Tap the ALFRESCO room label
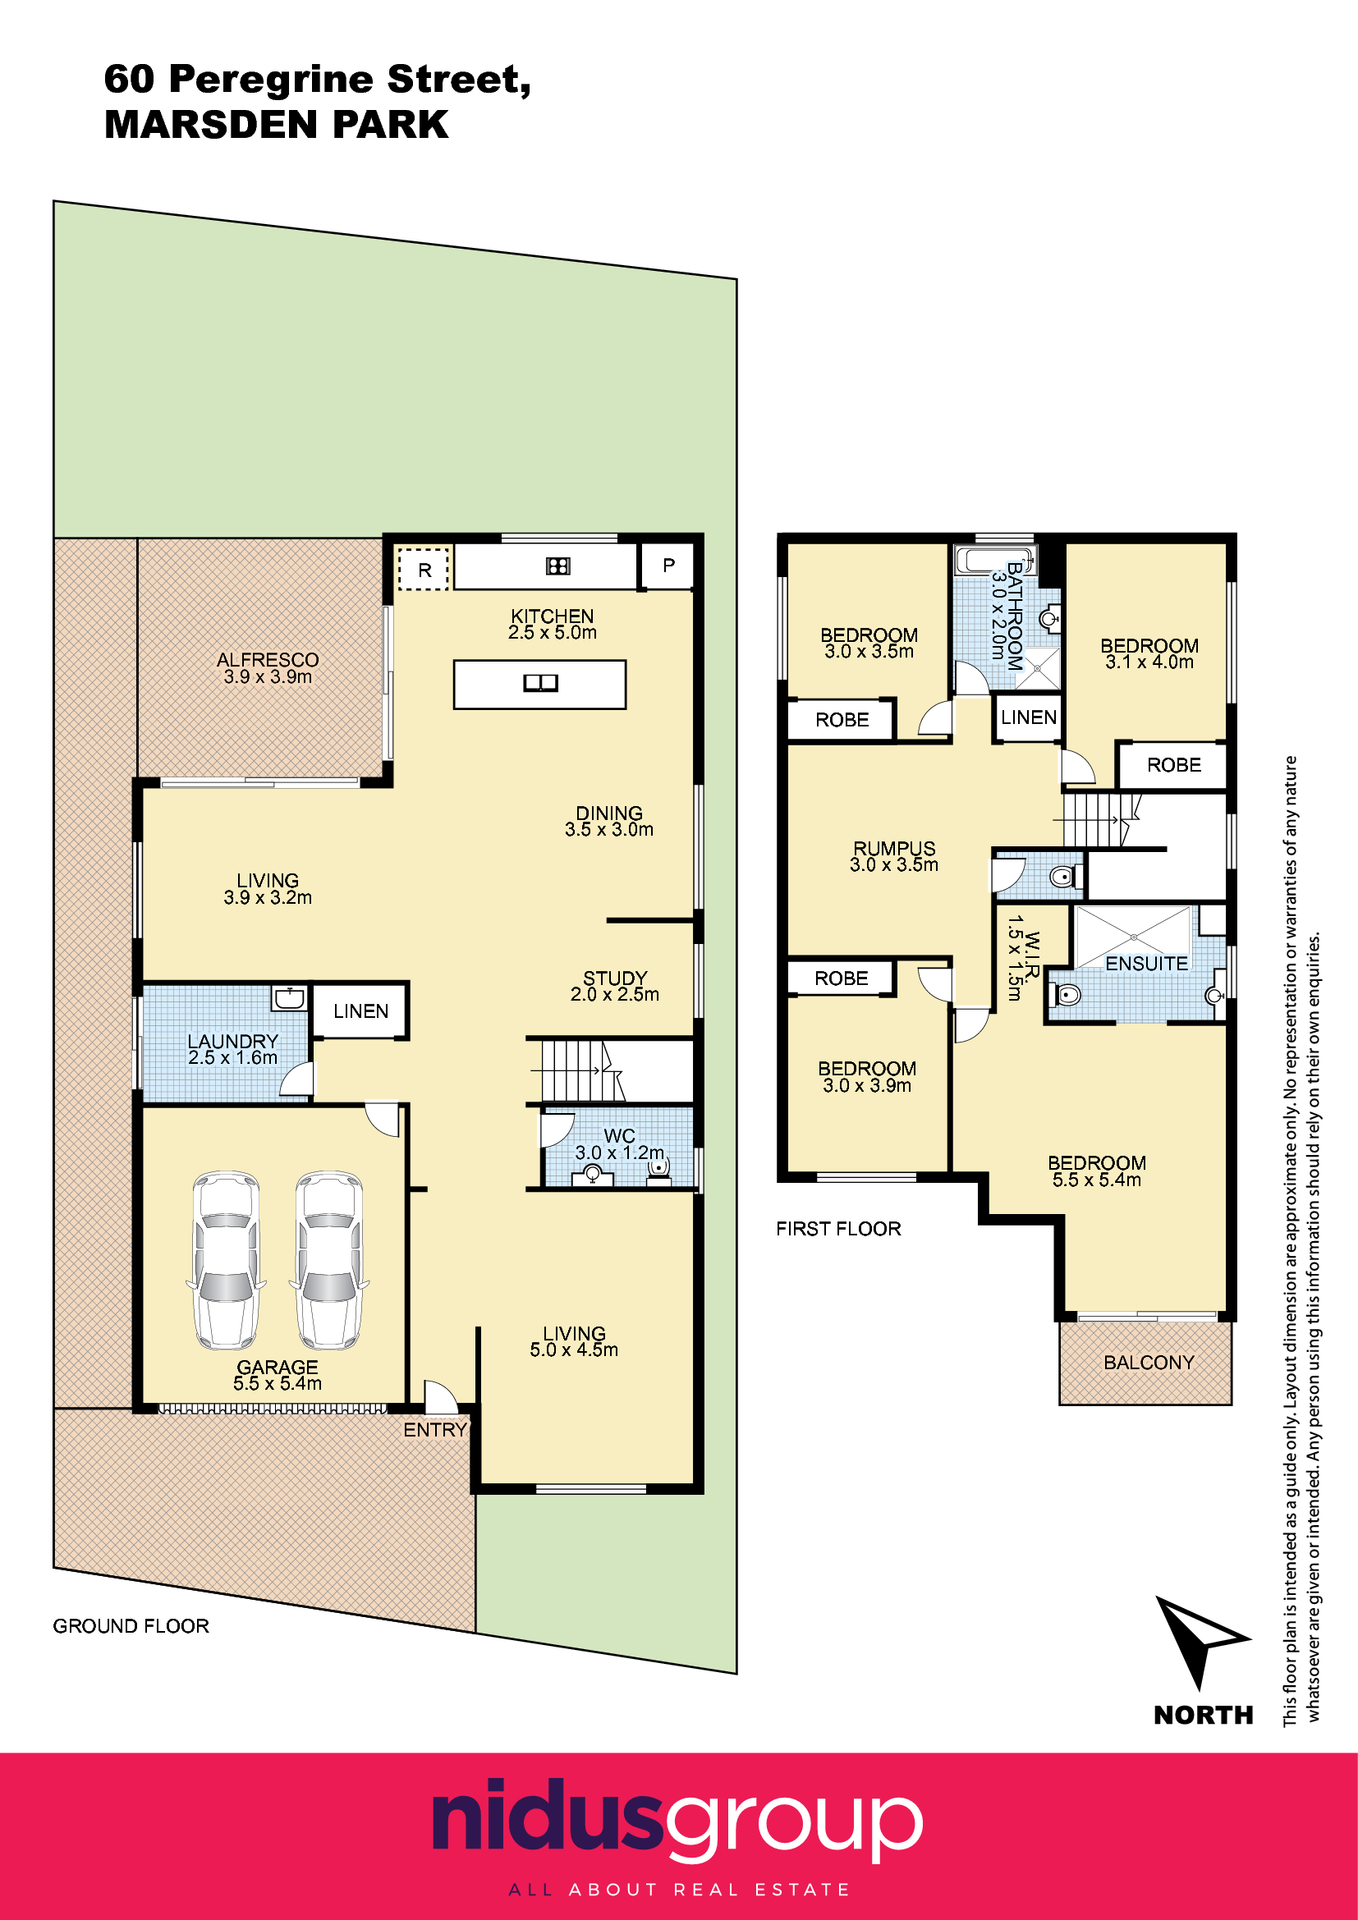[268, 660]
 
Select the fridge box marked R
[424, 570]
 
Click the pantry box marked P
[668, 566]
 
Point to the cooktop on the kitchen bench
[557, 566]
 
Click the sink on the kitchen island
[540, 683]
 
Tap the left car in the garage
[226, 1260]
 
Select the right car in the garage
[329, 1260]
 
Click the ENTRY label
[435, 1430]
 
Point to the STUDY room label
[616, 978]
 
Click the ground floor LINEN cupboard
[360, 1011]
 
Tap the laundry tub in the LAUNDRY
[289, 998]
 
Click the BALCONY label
[1149, 1363]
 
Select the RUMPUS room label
[894, 849]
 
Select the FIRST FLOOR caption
[839, 1229]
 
